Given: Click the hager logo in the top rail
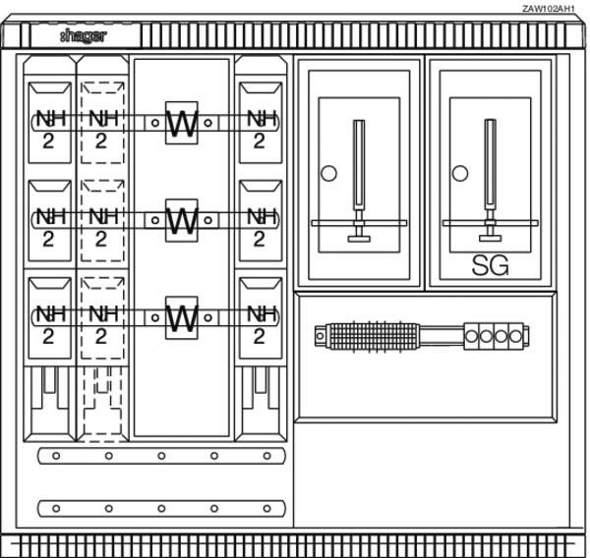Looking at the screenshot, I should click(x=83, y=36).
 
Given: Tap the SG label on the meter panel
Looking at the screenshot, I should click(x=490, y=264).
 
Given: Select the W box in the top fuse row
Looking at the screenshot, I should click(x=182, y=123).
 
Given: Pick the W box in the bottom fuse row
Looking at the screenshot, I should click(x=182, y=317).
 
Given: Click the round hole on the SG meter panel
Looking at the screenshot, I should click(x=459, y=173).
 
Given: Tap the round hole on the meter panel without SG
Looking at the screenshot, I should click(x=328, y=173).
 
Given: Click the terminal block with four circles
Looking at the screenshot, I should click(x=495, y=336).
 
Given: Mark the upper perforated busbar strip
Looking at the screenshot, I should click(x=161, y=456).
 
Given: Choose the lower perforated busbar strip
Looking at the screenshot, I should click(x=161, y=508).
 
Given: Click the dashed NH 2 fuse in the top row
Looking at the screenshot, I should click(x=101, y=126).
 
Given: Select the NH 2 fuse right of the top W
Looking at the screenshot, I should click(x=260, y=126).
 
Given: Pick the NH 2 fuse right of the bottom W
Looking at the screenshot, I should click(x=260, y=321).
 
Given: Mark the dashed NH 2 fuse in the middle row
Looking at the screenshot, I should click(x=101, y=224).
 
